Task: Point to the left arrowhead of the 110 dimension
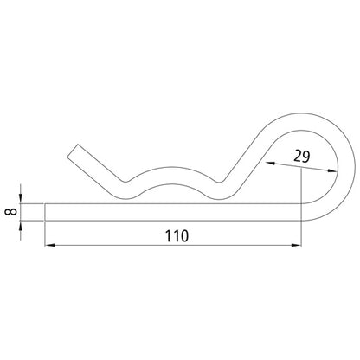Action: (x=48, y=245)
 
